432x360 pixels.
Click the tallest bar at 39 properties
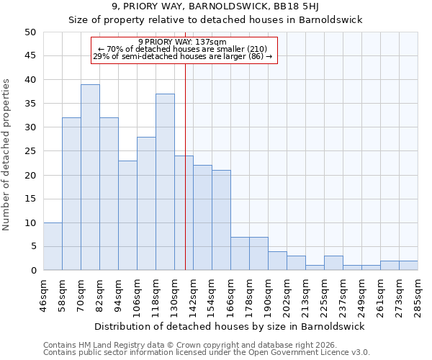(x=90, y=177)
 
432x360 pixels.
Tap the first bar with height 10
(x=53, y=246)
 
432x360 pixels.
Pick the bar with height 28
(x=146, y=204)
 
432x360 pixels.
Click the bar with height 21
(x=221, y=220)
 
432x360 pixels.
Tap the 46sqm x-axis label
(x=43, y=294)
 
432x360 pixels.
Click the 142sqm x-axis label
(x=193, y=294)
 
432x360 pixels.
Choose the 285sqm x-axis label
(x=418, y=294)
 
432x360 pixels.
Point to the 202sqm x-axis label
(x=287, y=294)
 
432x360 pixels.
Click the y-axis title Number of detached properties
(x=7, y=155)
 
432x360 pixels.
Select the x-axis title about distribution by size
(x=230, y=326)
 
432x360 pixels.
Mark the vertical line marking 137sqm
(x=185, y=180)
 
